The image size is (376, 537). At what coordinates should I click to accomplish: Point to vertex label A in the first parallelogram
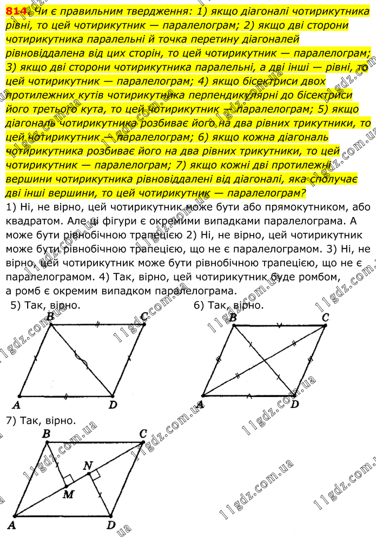16,405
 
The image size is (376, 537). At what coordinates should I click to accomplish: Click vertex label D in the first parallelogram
112,405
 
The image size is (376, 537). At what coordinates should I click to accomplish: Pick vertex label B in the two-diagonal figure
233,318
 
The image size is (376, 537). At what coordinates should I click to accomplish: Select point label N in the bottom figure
89,465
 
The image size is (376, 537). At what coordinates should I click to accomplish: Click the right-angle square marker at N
95,474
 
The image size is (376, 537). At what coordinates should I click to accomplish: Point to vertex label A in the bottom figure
10,525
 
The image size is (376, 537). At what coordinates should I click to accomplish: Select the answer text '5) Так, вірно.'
45,305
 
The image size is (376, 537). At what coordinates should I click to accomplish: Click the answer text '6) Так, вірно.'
229,305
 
